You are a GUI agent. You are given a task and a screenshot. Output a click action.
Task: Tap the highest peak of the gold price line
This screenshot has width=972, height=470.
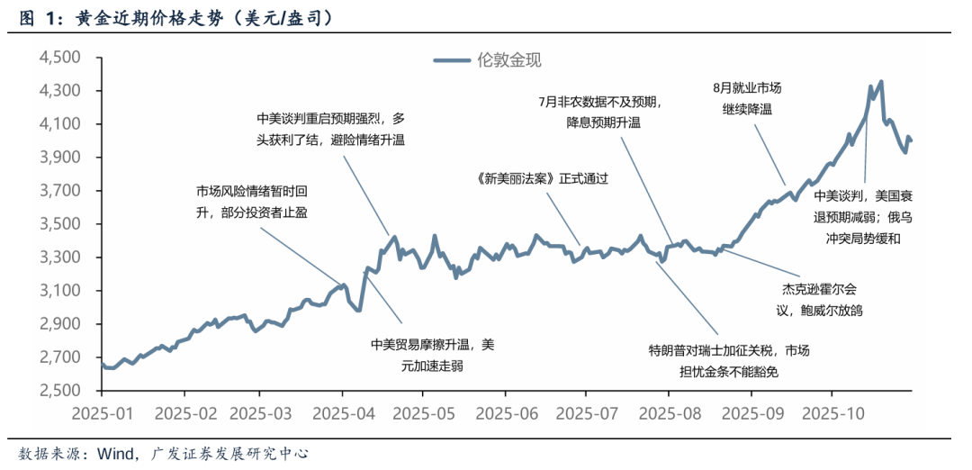click(x=880, y=82)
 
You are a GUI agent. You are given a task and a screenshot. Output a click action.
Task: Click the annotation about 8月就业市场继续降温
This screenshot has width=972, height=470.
click(x=747, y=98)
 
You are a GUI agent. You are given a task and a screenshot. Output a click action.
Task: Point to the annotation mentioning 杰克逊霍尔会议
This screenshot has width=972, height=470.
click(x=816, y=300)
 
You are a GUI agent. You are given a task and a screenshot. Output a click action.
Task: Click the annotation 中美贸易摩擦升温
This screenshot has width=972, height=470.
click(x=432, y=354)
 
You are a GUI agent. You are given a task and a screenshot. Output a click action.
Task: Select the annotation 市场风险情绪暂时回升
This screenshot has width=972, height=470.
click(x=254, y=202)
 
